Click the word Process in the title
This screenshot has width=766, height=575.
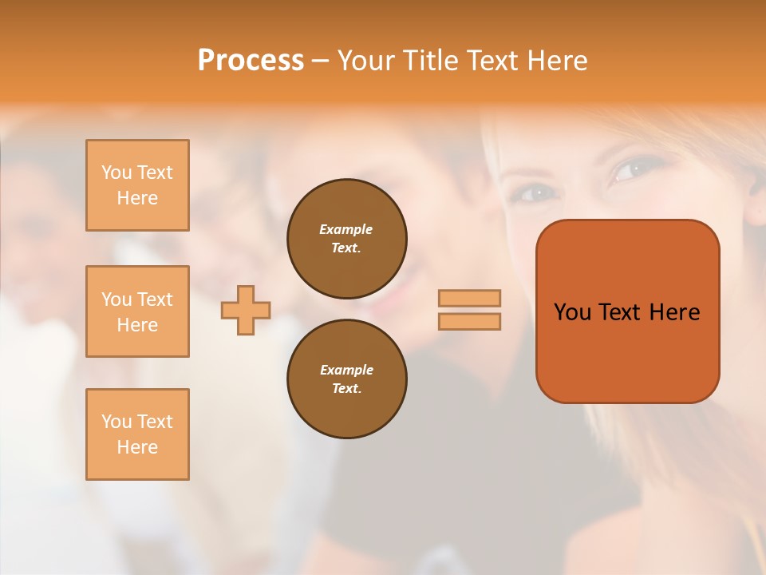pos(251,60)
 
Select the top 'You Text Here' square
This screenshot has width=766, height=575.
pos(137,185)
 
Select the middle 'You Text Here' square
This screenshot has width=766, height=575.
pos(137,311)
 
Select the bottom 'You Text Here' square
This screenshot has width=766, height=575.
pos(137,434)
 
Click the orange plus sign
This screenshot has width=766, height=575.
pos(246,310)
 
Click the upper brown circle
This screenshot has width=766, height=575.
pos(347,239)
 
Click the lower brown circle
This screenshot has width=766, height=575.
pos(347,379)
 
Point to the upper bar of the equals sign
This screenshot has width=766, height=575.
pos(469,298)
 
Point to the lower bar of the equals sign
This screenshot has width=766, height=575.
pos(469,321)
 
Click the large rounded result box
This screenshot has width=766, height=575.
pos(627,351)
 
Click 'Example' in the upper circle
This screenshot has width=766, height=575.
pos(346,229)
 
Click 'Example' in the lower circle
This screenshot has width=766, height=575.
pos(346,370)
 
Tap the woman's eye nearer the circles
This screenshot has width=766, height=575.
pos(537,192)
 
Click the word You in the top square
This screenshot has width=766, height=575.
pos(116,172)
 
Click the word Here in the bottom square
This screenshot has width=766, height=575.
pos(137,447)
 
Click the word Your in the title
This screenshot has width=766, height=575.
pos(369,60)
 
